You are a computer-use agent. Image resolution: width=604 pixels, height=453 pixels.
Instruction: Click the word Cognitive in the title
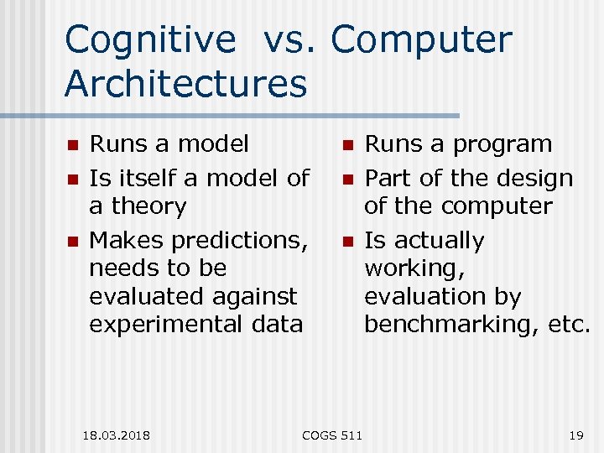pos(151,40)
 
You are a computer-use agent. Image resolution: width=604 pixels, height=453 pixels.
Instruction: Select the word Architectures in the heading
pos(185,84)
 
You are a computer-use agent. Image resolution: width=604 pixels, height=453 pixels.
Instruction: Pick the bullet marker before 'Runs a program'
pos(346,146)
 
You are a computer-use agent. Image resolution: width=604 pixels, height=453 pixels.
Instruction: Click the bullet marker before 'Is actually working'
pos(346,242)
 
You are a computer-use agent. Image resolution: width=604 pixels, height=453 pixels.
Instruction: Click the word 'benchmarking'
pos(444,325)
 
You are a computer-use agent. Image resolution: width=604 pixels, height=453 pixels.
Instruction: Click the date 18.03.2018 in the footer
pos(117,435)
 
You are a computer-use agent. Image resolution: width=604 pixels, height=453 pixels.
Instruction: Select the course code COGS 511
pos(332,435)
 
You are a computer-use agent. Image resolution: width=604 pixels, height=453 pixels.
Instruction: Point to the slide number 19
pos(575,435)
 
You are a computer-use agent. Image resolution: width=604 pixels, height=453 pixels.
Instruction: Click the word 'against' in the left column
pos(255,297)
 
